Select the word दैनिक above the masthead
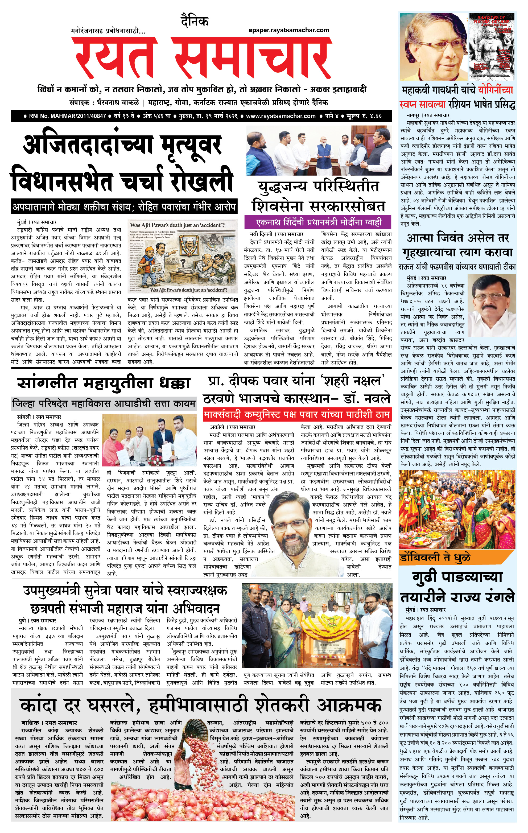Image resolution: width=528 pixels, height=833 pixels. (x=195, y=22)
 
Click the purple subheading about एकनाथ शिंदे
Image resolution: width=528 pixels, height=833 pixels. (x=318, y=222)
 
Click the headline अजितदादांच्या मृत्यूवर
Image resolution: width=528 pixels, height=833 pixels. (x=123, y=146)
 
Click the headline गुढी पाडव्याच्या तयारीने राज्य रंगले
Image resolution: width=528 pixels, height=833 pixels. (x=457, y=588)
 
